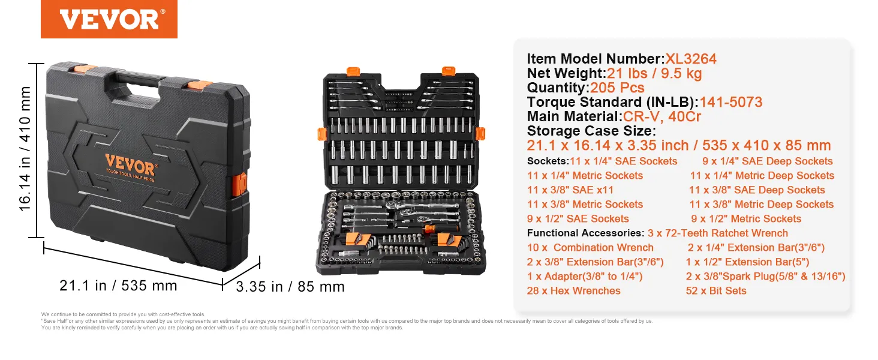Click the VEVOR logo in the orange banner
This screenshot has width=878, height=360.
(109, 19)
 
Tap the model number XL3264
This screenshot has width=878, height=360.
(690, 59)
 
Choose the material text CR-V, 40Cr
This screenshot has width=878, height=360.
(662, 116)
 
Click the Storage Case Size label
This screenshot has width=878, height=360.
(591, 131)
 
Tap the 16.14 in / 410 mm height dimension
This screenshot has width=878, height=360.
(25, 149)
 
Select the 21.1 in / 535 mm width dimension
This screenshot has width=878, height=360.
(118, 285)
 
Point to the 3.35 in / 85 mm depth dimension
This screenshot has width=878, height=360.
(290, 287)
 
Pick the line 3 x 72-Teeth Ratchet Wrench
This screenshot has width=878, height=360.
(718, 233)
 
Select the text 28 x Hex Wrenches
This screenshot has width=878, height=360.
(574, 290)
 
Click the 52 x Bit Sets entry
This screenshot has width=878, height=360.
(716, 290)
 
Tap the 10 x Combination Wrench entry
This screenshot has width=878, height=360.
(590, 247)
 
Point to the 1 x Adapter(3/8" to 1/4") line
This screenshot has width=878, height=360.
(585, 276)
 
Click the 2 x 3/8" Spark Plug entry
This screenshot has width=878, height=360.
(765, 276)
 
